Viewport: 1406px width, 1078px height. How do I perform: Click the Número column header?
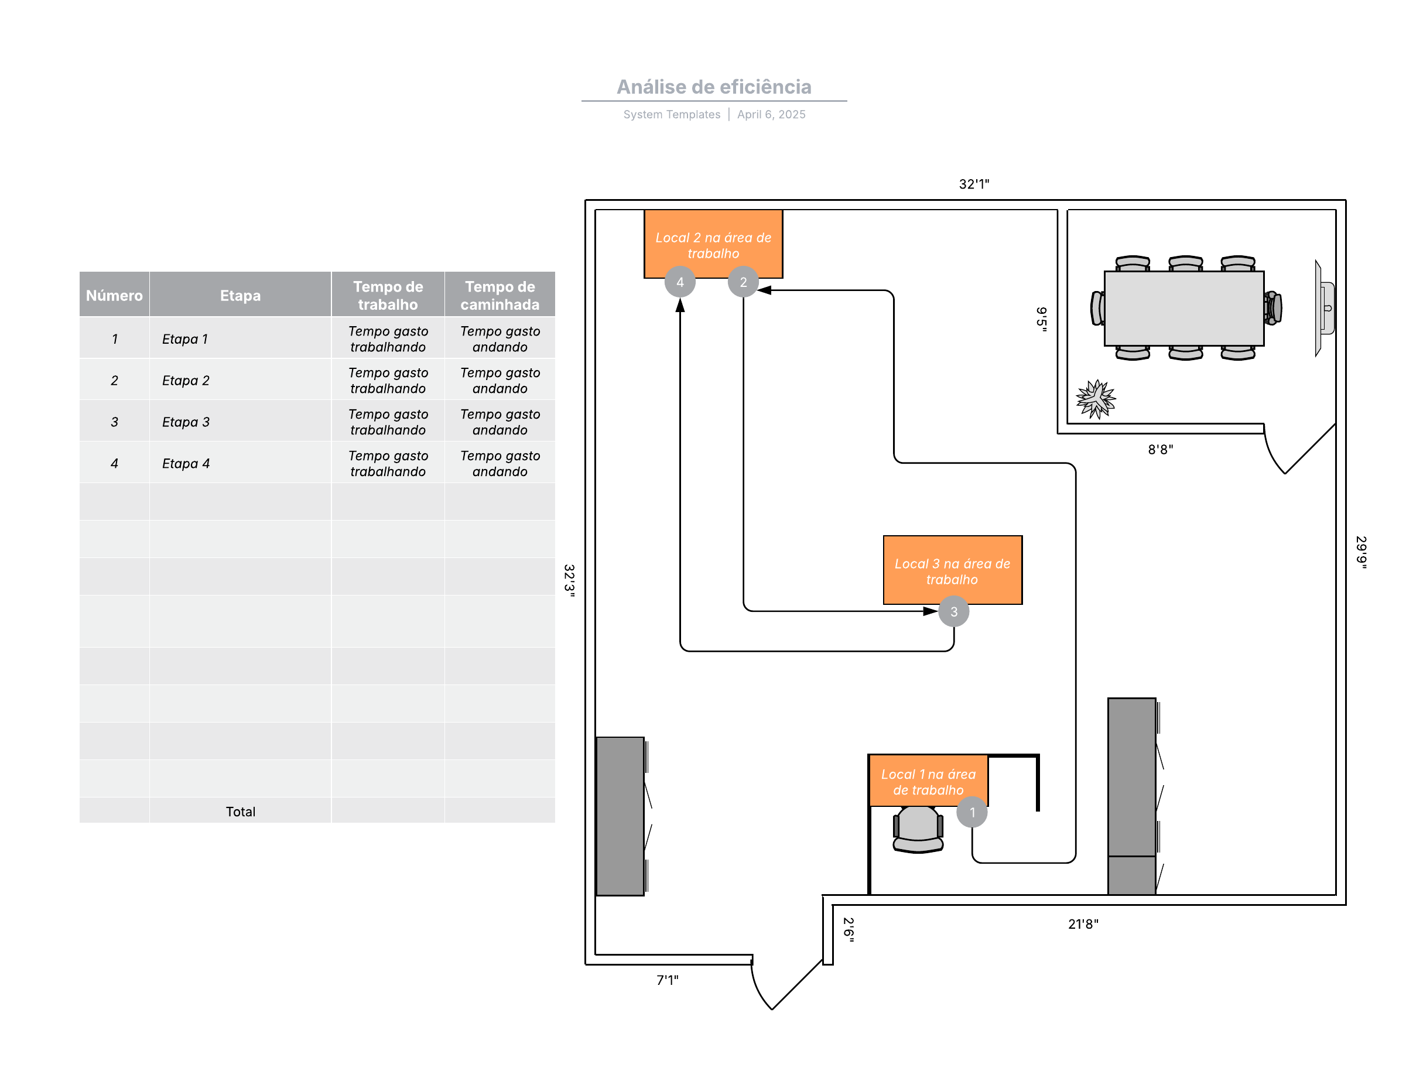coord(114,295)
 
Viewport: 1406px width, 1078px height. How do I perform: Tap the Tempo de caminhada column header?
coord(500,295)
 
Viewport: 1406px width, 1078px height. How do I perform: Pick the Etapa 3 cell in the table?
coord(186,422)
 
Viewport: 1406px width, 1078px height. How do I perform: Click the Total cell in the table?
coord(240,811)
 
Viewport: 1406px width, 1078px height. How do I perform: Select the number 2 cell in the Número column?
coord(114,380)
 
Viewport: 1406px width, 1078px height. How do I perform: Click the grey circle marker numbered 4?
coord(680,282)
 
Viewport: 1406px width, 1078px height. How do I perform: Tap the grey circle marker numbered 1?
coord(971,812)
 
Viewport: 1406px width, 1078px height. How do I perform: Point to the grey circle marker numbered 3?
coord(953,611)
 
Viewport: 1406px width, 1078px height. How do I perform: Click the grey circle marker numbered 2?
coord(743,282)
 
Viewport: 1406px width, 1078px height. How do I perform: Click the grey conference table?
coord(1183,308)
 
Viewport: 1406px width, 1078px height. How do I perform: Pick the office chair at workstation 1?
coord(918,829)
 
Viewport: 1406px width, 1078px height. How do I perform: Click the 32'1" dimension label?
coord(973,184)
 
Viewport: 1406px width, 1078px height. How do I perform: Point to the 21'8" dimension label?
coord(1083,923)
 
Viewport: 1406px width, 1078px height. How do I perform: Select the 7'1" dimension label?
coord(667,979)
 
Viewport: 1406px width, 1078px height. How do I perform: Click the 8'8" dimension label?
coord(1159,449)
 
